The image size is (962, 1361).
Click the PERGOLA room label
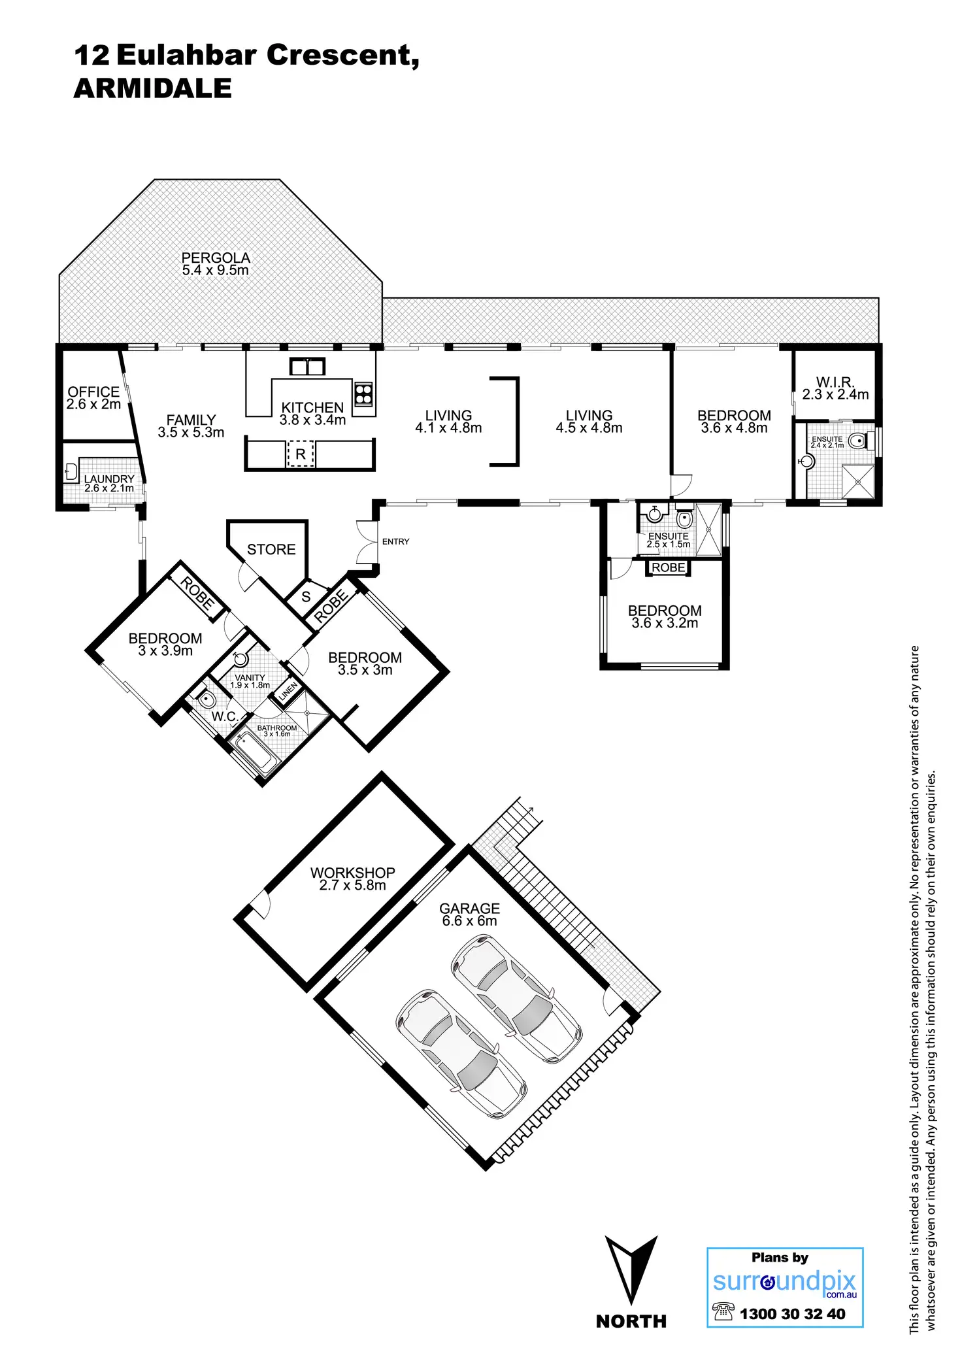click(216, 258)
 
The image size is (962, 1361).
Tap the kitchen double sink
click(307, 367)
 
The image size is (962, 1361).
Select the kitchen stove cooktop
click(363, 394)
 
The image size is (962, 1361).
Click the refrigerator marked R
click(301, 454)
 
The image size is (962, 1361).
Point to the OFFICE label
click(93, 392)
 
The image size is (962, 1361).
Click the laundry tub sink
click(71, 471)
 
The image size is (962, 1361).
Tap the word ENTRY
click(395, 541)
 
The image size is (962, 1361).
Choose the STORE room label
click(271, 550)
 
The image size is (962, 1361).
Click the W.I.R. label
click(835, 382)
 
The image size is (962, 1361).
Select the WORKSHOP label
click(352, 873)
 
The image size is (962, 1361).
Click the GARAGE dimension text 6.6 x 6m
click(469, 921)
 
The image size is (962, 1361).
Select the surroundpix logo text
click(784, 1281)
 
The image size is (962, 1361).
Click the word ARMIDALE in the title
click(153, 89)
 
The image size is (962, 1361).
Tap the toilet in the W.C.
click(206, 700)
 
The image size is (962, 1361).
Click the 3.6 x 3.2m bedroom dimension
click(665, 624)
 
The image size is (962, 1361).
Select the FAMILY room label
click(191, 420)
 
